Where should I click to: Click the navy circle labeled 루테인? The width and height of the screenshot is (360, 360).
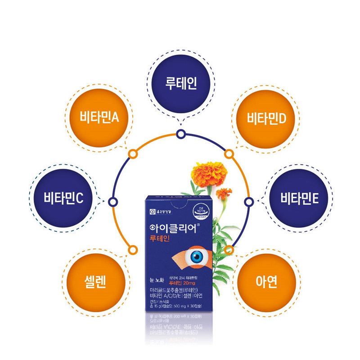coord(180,84)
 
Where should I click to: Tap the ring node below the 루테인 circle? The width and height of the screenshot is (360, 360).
coord(180,134)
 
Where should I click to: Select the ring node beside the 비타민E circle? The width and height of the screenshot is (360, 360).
coord(248,201)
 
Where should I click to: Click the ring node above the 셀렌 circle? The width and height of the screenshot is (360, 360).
coord(132,249)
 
